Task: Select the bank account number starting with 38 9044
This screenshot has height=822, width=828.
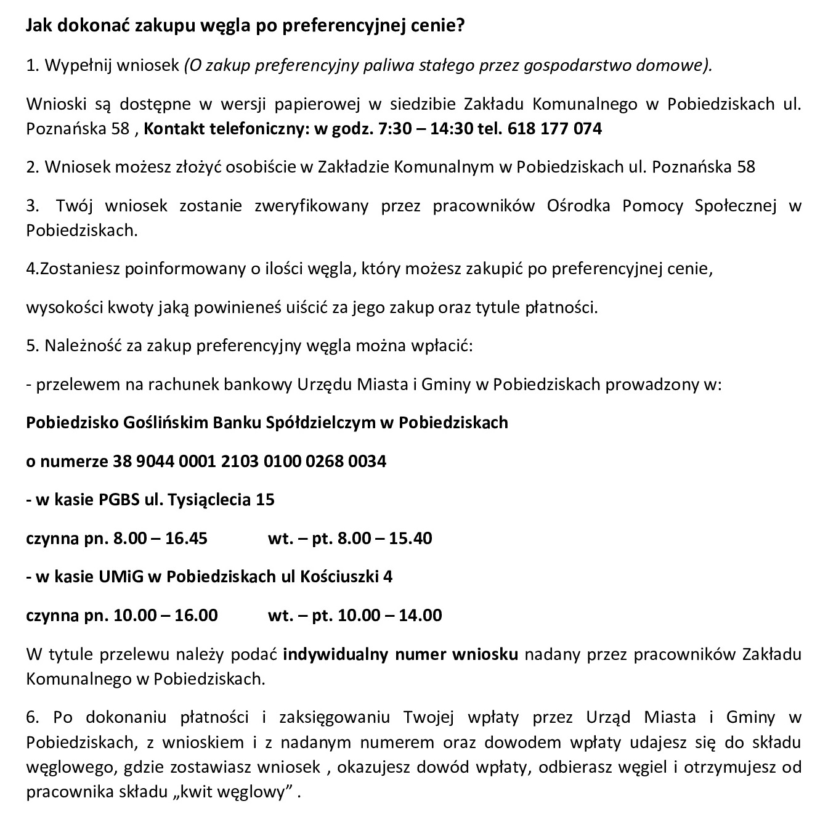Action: coord(250,461)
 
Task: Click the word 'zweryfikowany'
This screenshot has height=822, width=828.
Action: coord(311,205)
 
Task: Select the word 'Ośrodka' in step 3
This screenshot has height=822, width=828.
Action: coord(578,205)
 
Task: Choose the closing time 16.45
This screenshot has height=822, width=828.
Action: coord(186,538)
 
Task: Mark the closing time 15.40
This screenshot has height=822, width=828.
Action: coord(411,538)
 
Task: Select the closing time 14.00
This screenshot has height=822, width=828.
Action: coord(420,615)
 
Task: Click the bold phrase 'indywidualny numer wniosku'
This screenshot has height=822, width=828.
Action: coord(400,654)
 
